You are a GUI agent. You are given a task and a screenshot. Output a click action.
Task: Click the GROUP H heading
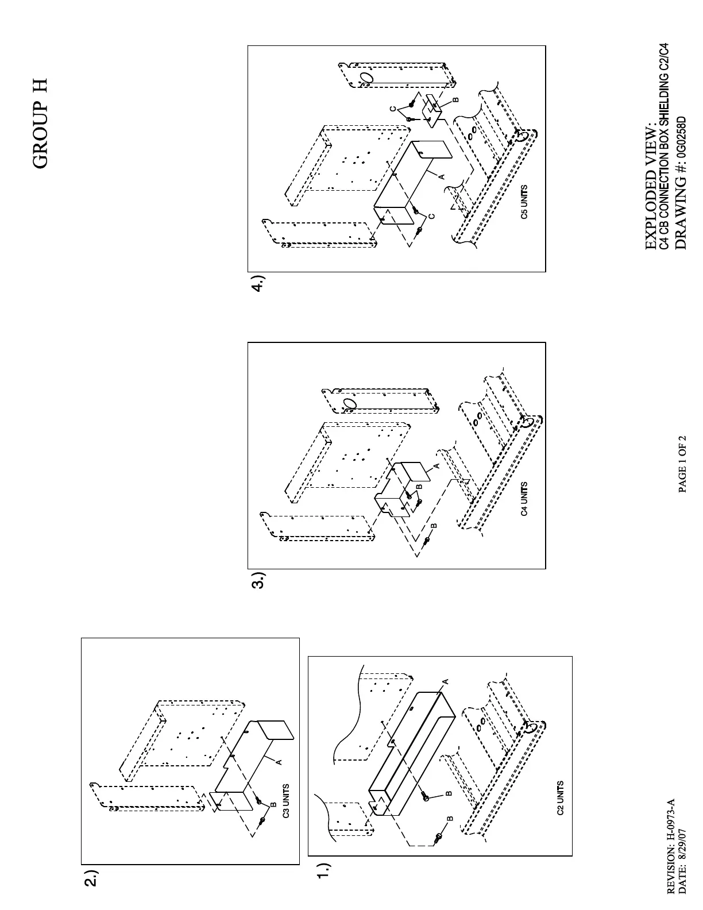tap(40, 124)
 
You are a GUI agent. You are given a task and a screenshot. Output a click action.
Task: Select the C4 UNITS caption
tap(524, 499)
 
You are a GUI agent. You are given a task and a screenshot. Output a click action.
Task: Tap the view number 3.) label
tap(259, 580)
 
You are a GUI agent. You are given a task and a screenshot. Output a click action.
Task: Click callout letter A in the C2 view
tap(445, 681)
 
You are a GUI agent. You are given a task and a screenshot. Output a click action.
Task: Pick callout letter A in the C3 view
tap(279, 762)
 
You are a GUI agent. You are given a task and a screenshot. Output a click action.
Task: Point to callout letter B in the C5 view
tap(455, 99)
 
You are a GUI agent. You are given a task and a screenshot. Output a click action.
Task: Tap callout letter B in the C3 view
tap(273, 804)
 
